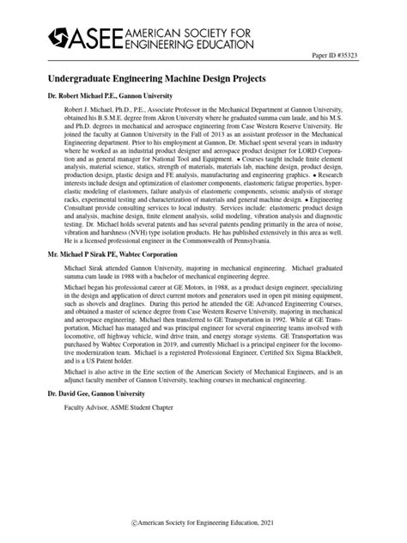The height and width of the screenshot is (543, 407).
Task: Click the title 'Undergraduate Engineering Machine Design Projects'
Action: click(156, 77)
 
